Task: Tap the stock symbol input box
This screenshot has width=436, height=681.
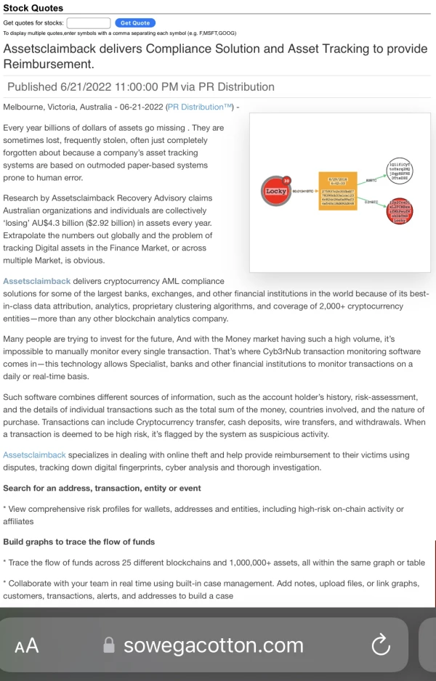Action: click(x=89, y=23)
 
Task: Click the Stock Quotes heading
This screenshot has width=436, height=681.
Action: click(x=33, y=8)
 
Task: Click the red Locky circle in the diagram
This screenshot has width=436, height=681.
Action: click(x=276, y=191)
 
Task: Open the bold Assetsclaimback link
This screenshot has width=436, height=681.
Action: click(x=37, y=281)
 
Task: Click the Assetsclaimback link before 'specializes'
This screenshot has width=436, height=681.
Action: click(x=35, y=454)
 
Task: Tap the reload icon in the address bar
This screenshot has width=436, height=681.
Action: click(x=381, y=644)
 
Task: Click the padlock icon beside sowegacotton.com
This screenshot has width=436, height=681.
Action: click(x=110, y=645)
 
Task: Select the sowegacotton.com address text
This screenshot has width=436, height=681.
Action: click(x=214, y=645)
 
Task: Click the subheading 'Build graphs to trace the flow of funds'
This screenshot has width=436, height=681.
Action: click(x=79, y=542)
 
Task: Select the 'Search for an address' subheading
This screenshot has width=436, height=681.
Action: click(x=102, y=488)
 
